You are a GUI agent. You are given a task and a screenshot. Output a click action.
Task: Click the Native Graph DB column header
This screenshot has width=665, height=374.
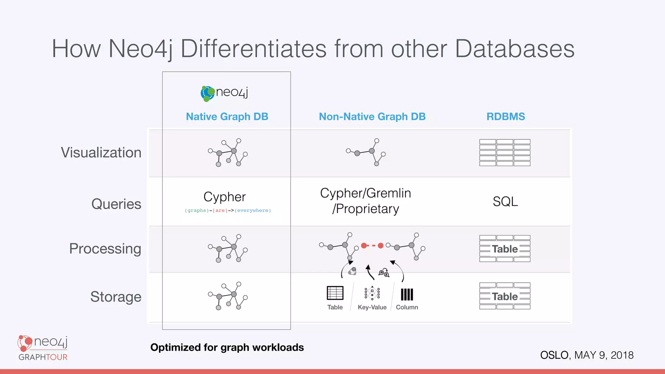pos(227,117)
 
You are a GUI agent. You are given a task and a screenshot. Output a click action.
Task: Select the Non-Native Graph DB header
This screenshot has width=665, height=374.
pos(372,117)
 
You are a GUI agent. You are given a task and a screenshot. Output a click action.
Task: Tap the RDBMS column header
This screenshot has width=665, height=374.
pos(506,117)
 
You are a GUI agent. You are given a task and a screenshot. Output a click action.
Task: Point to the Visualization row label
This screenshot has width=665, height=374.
pos(101,153)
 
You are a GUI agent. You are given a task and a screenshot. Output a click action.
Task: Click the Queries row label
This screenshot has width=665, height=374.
pos(116,204)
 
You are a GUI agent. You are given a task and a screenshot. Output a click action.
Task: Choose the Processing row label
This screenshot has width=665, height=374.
pos(105,249)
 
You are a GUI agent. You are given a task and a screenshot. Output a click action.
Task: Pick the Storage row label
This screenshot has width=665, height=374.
pos(116,297)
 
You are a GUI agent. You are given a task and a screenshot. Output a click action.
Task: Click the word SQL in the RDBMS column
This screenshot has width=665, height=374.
pos(505,202)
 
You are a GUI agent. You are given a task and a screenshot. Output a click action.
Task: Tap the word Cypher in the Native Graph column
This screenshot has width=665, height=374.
pos(225,197)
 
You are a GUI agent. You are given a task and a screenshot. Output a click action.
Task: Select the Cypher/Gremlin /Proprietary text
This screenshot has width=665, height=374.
pos(366,201)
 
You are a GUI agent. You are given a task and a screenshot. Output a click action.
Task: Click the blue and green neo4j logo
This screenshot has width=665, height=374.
pos(224,93)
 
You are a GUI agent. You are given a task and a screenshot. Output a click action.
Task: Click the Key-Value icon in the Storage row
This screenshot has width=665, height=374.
pos(372,293)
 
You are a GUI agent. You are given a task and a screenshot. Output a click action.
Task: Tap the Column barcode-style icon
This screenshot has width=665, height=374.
pos(407,294)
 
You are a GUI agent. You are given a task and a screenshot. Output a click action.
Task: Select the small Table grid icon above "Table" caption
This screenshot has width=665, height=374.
pos(335,293)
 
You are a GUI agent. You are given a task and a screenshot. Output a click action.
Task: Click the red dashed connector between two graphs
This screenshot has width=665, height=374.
pos(372,246)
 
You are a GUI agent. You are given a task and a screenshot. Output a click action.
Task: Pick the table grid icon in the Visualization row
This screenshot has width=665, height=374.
pos(505,153)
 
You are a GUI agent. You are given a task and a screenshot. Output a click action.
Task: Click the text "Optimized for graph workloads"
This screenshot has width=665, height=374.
pos(227,347)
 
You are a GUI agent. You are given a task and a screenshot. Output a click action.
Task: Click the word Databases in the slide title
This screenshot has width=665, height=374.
pos(515,49)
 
